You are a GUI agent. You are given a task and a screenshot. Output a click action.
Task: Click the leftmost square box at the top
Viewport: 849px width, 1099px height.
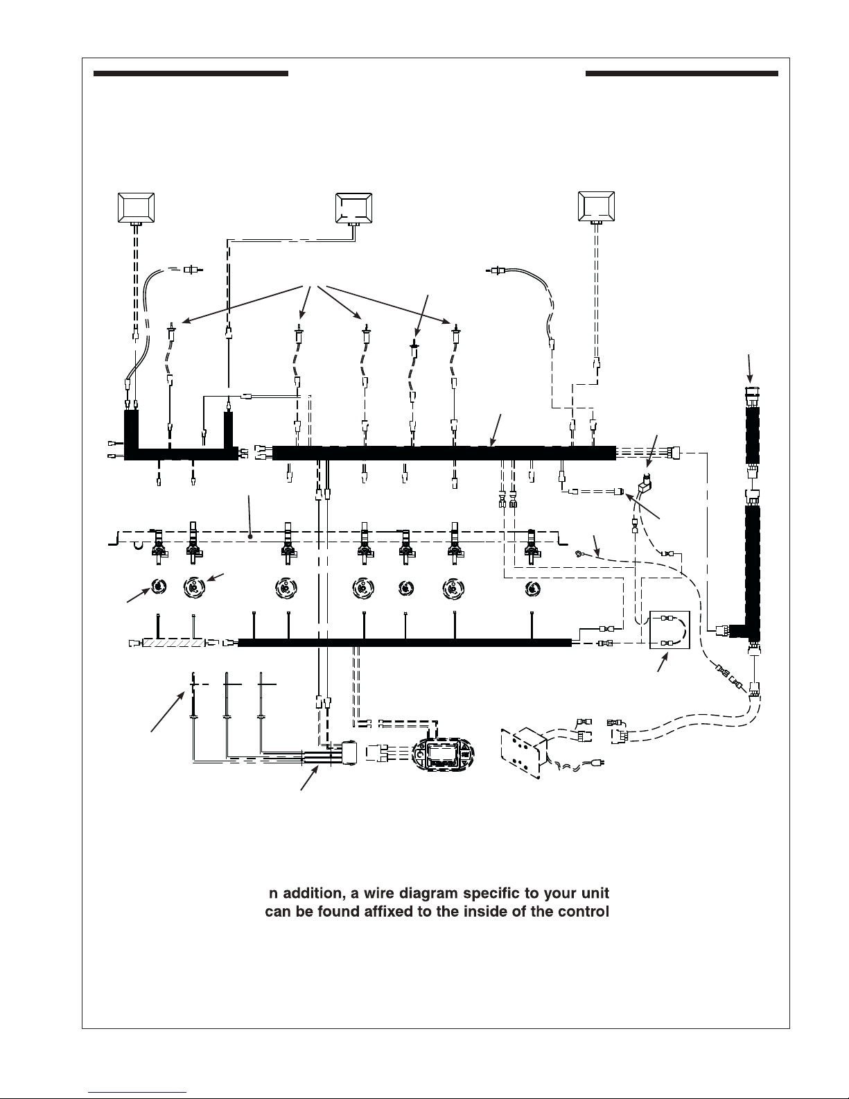click(x=136, y=207)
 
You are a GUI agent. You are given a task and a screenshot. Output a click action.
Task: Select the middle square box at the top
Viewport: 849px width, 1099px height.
click(x=353, y=208)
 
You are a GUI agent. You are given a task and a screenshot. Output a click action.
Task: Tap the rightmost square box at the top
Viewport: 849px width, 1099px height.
click(x=596, y=207)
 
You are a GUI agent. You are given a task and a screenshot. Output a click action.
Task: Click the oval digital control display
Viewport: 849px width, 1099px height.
click(x=443, y=754)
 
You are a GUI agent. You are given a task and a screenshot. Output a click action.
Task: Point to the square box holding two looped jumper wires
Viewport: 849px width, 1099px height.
click(x=669, y=630)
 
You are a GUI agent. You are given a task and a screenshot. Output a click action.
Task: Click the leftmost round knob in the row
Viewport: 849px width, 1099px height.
click(x=159, y=587)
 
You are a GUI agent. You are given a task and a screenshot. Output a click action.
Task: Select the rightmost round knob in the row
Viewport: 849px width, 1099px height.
click(x=532, y=588)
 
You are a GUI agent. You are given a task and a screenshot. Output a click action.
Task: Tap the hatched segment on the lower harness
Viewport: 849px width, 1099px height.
click(x=173, y=643)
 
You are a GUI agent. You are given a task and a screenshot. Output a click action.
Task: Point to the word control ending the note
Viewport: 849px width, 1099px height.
click(x=583, y=911)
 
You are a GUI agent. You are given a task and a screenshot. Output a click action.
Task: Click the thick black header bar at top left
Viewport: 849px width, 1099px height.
click(x=191, y=73)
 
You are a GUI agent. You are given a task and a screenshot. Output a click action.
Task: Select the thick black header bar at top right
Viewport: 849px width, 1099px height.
click(x=682, y=73)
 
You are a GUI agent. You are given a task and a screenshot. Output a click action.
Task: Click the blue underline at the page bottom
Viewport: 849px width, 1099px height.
click(x=137, y=1093)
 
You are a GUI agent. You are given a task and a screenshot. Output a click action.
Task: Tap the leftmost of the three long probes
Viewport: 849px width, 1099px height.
click(x=193, y=716)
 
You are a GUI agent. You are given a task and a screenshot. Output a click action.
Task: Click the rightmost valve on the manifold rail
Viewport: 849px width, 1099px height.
click(x=531, y=547)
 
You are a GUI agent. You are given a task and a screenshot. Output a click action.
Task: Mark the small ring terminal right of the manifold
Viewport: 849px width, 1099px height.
click(x=578, y=554)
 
